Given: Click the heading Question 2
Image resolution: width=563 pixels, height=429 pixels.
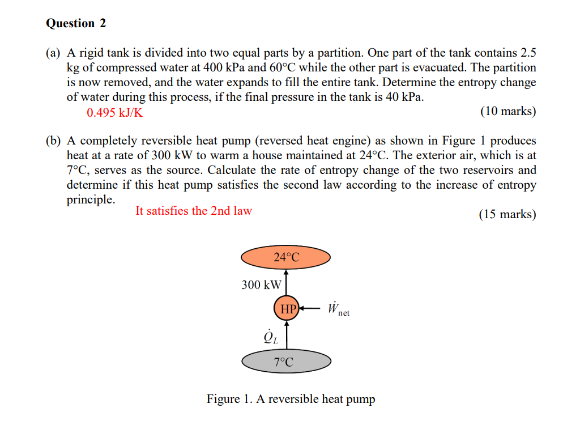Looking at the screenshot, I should (x=76, y=23).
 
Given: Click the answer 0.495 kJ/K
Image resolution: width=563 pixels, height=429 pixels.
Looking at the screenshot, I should (x=115, y=112).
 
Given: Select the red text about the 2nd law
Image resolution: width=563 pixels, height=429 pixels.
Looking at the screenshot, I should (x=194, y=211).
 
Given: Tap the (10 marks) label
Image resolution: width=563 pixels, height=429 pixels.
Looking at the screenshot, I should (x=507, y=111).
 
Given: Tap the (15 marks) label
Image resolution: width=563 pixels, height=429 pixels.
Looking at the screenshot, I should (x=507, y=214).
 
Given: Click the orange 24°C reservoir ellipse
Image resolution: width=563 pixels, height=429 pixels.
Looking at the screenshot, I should (x=286, y=257).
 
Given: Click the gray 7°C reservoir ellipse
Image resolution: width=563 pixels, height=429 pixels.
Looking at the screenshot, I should (x=286, y=362).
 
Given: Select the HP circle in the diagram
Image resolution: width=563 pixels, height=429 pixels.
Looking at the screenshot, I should (x=287, y=309).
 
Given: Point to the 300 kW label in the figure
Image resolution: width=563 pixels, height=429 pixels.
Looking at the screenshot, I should (x=261, y=284).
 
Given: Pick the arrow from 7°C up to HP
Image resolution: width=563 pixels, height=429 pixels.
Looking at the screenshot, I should (x=287, y=335).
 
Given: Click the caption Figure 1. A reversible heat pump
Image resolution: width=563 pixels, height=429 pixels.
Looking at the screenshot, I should (x=291, y=399).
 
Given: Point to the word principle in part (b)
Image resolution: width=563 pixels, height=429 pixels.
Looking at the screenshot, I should (x=91, y=200).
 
